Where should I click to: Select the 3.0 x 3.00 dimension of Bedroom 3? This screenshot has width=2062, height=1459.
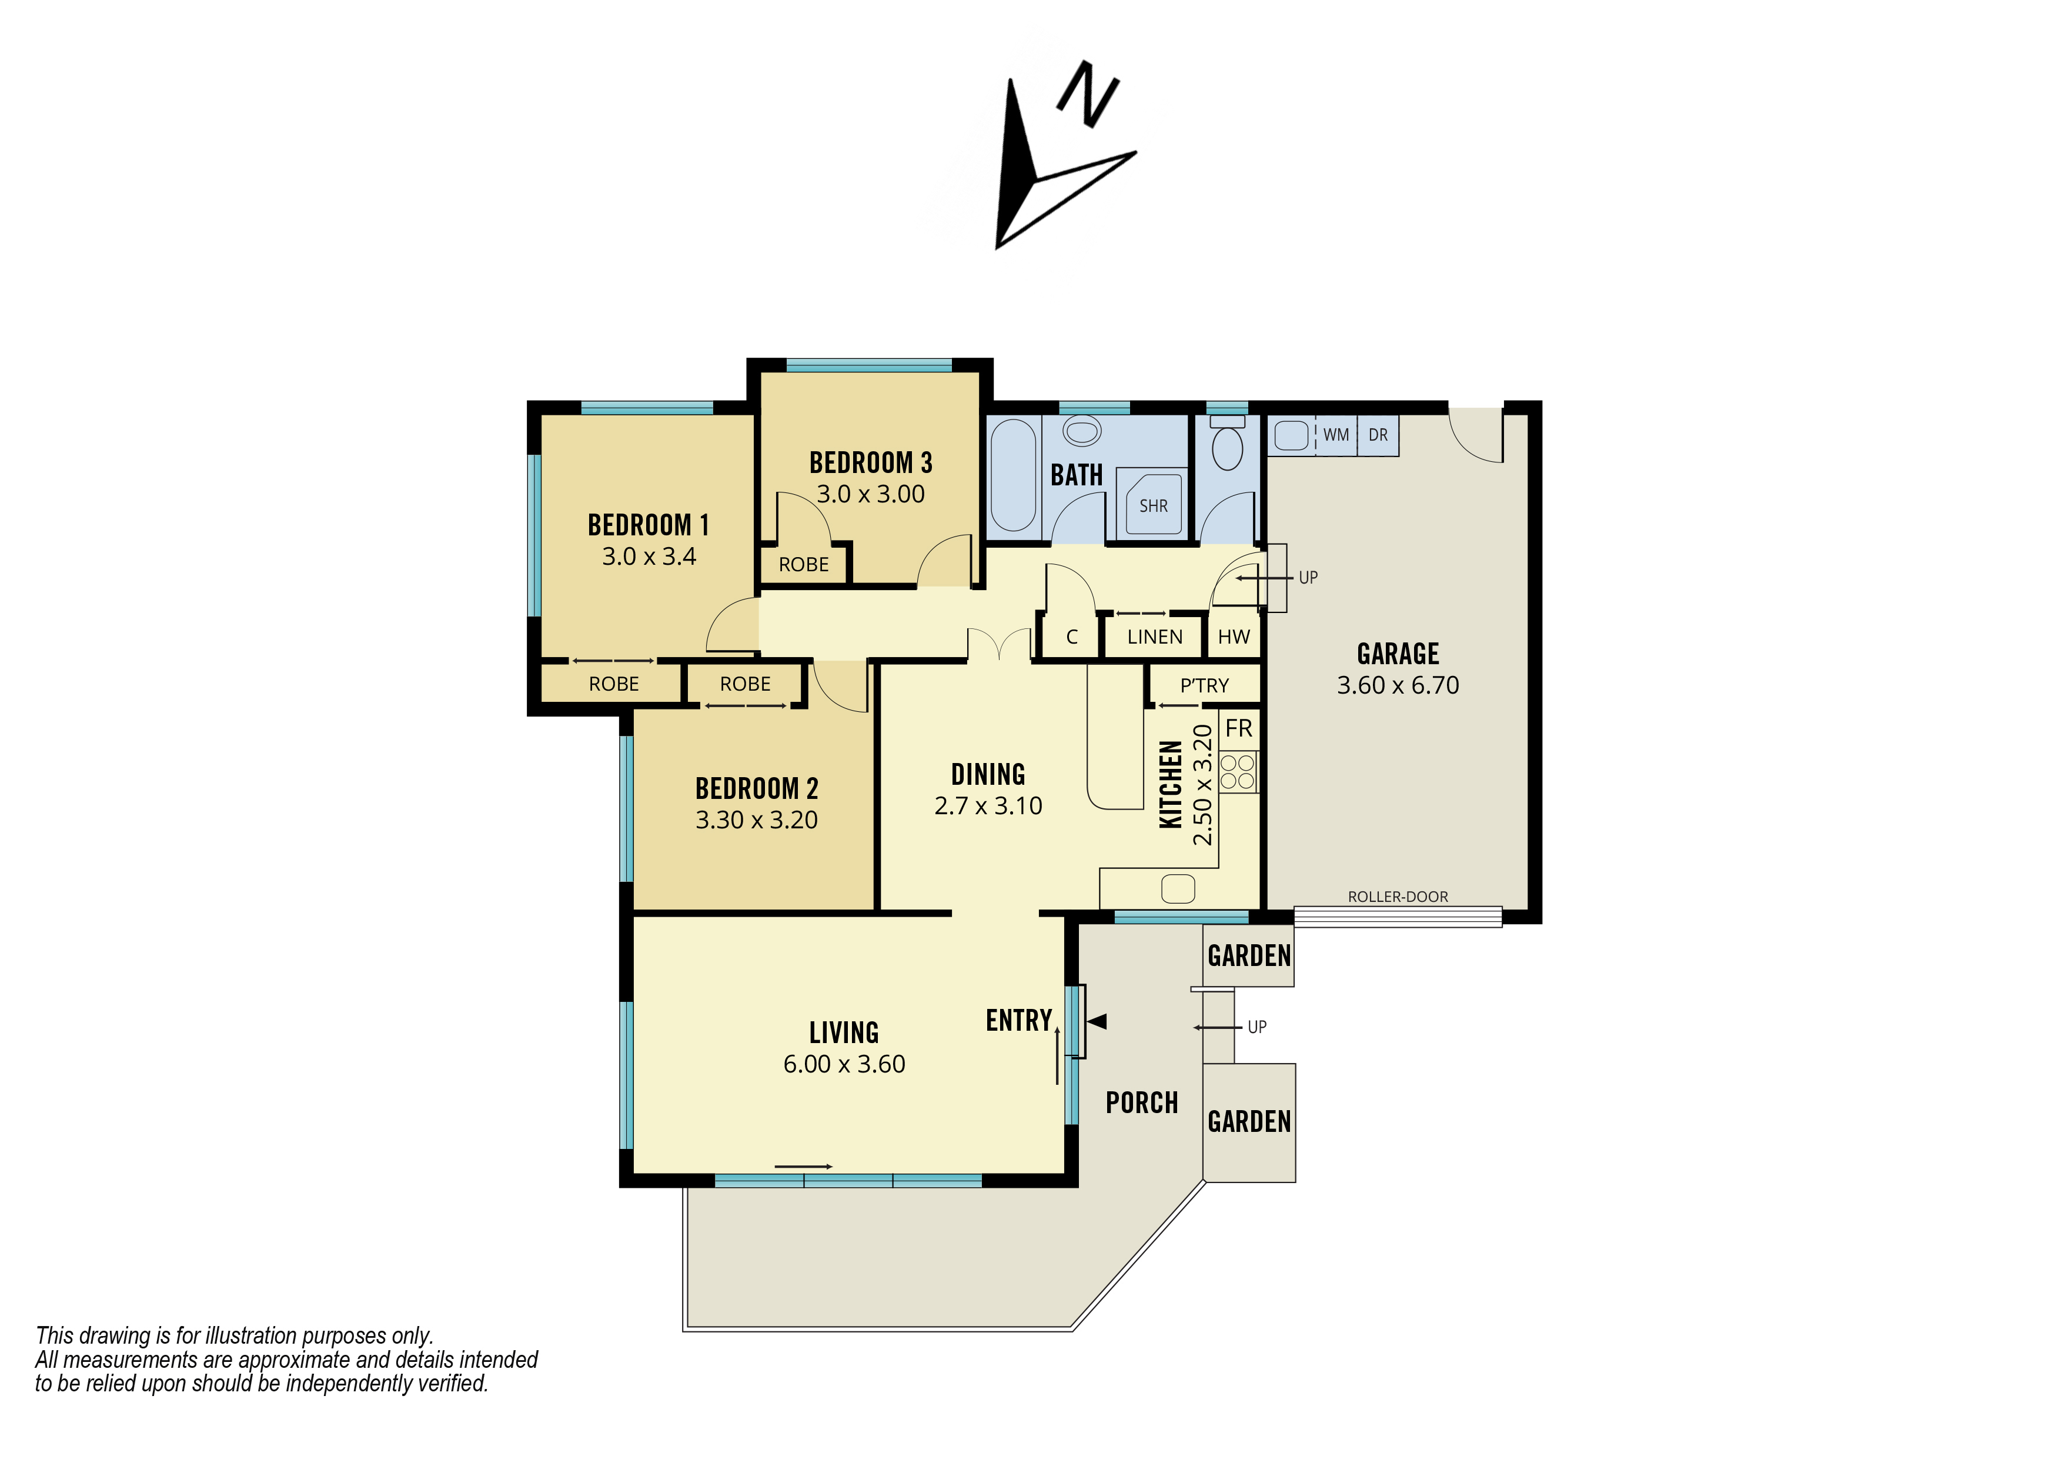870,494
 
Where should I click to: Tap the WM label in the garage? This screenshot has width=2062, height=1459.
1335,435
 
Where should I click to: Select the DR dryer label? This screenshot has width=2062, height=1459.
1378,435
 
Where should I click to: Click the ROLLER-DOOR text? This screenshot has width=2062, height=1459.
1398,897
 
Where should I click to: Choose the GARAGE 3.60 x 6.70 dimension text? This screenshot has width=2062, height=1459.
1398,685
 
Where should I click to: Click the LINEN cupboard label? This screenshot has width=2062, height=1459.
1154,637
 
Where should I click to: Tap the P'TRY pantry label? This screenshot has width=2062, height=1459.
1204,685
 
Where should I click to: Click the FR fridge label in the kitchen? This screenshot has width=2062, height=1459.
1238,728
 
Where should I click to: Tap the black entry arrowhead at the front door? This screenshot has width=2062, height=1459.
1098,1021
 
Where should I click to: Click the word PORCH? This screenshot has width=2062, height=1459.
1141,1102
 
